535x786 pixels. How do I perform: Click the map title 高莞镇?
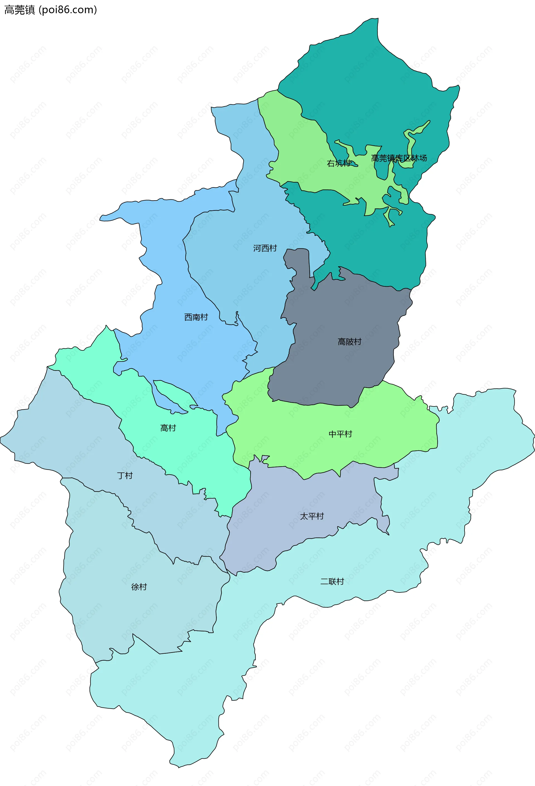(19, 10)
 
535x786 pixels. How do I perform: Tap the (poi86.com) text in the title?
(68, 10)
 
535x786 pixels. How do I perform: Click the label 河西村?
(265, 248)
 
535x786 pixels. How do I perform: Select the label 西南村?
(196, 317)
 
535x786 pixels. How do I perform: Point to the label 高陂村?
(349, 341)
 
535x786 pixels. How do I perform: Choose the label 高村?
(168, 428)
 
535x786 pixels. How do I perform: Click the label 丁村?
(125, 475)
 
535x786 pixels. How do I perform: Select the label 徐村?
(139, 587)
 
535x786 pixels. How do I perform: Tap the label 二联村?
(332, 581)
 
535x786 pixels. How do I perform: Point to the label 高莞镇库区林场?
(399, 158)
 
